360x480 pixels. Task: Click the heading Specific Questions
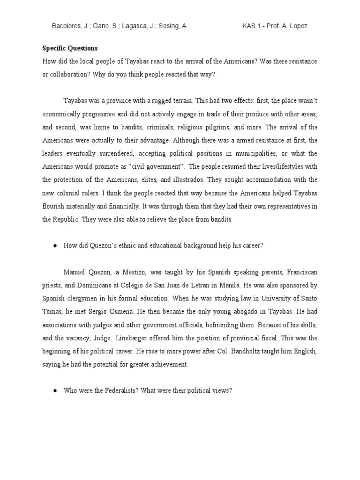[x=70, y=48]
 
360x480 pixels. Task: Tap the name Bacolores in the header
[x=66, y=27]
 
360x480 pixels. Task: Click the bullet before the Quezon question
[x=55, y=245]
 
